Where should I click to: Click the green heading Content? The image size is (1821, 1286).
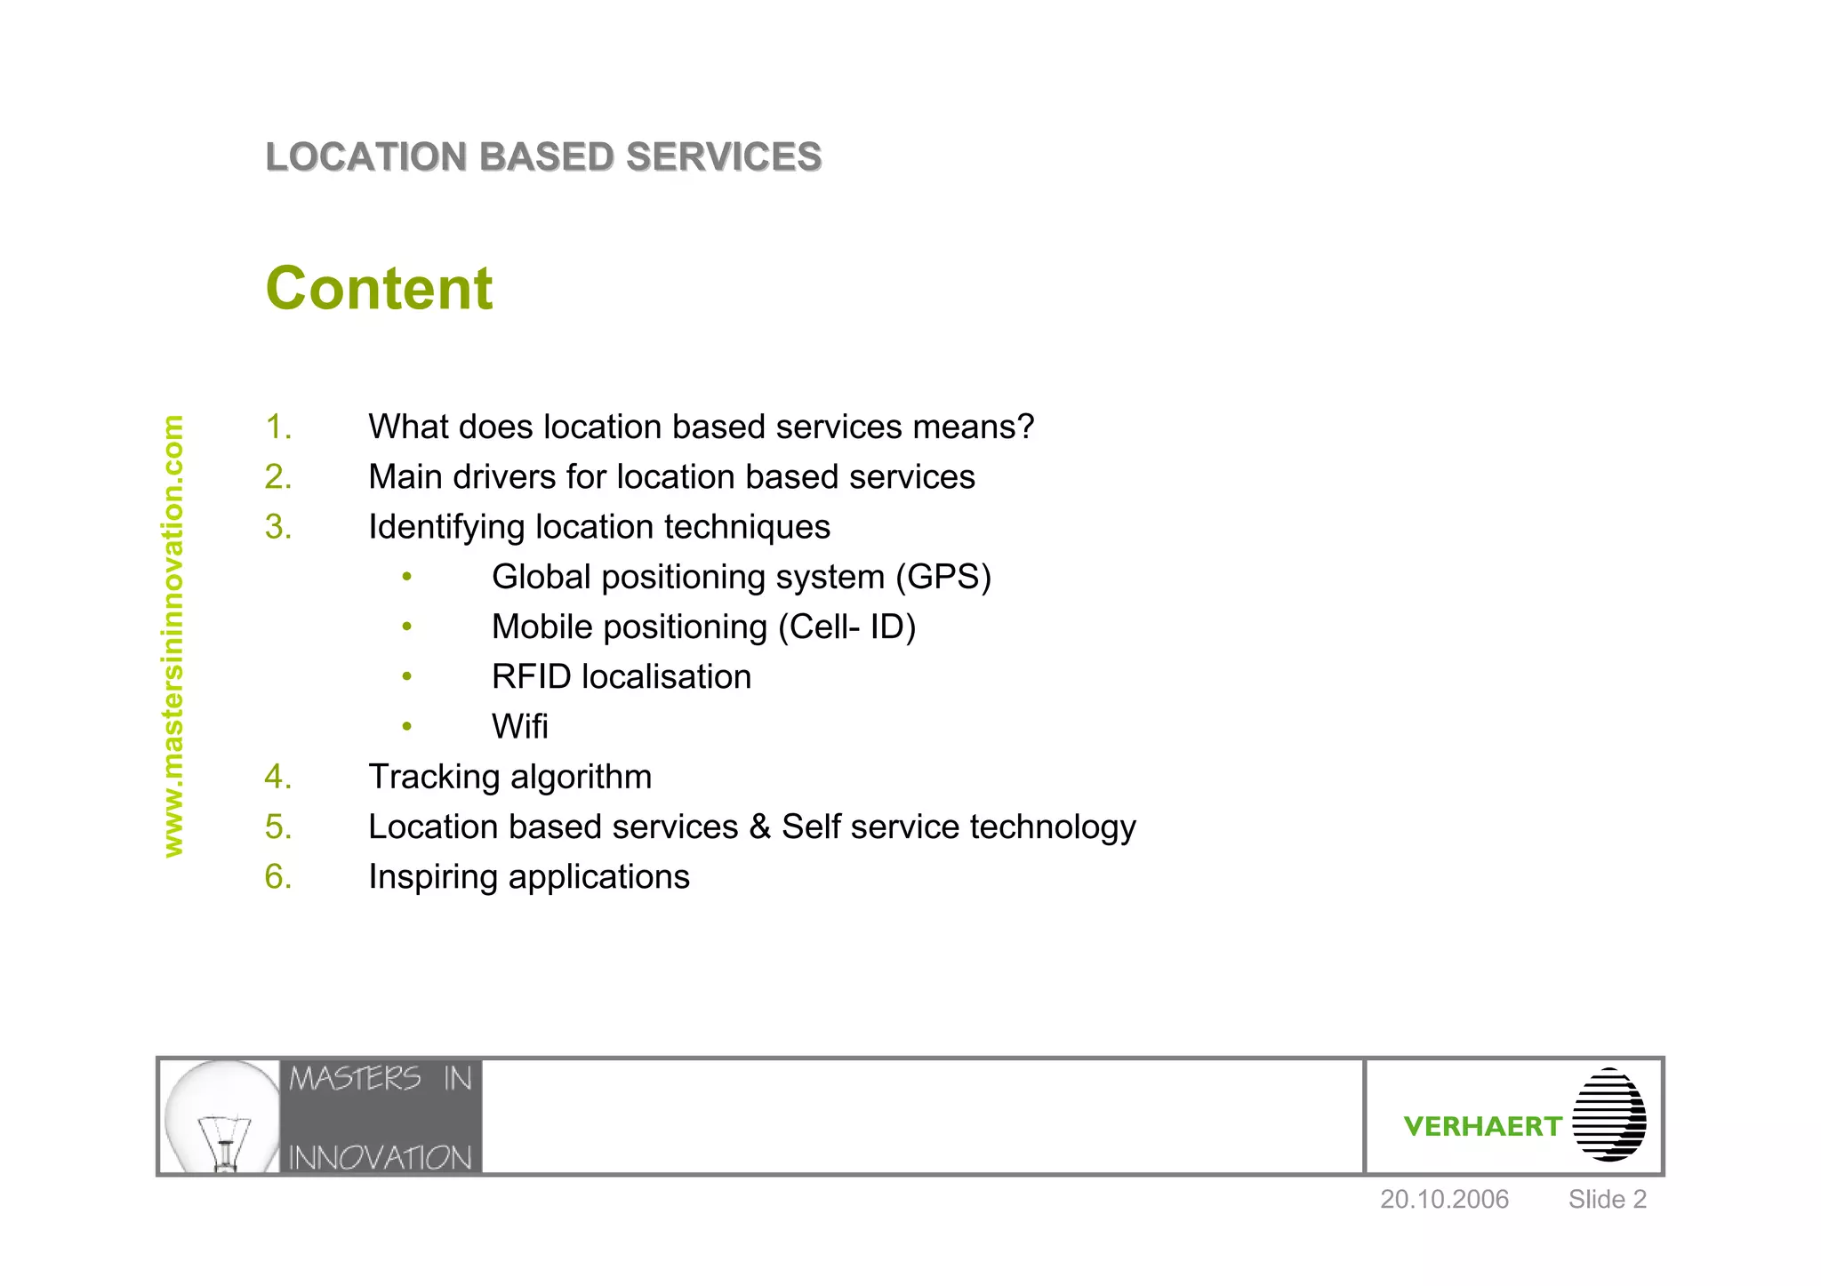(x=379, y=289)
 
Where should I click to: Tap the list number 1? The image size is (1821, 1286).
(x=278, y=427)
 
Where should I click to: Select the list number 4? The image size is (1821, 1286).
(x=278, y=778)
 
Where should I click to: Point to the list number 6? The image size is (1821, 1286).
(x=278, y=877)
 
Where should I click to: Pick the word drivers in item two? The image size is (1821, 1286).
(x=504, y=477)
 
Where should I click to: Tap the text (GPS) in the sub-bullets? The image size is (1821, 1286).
(x=943, y=578)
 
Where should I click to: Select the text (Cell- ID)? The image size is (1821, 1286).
(x=846, y=627)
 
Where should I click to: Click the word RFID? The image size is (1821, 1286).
(x=531, y=677)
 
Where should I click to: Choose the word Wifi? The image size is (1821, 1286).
(x=519, y=727)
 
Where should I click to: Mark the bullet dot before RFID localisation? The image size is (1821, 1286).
(x=406, y=677)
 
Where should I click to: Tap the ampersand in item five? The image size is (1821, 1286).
(x=759, y=827)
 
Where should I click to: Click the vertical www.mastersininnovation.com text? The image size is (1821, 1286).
(x=173, y=636)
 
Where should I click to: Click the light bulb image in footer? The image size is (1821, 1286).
(x=221, y=1116)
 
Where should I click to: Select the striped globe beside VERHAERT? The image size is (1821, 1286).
(x=1608, y=1114)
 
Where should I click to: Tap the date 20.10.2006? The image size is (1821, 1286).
(x=1444, y=1200)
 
